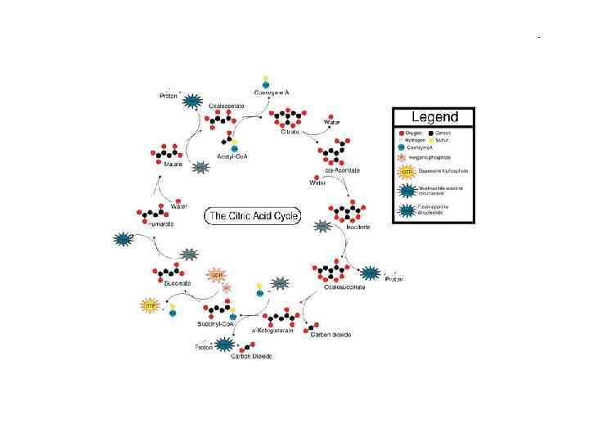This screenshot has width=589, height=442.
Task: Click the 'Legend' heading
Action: click(x=434, y=117)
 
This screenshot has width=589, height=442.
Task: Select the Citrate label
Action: click(x=290, y=132)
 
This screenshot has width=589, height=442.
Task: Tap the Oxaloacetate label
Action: click(x=223, y=106)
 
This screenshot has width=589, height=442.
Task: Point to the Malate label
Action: click(x=173, y=164)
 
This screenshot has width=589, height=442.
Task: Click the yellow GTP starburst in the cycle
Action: click(x=150, y=305)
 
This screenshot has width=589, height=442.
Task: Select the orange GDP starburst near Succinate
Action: click(x=216, y=275)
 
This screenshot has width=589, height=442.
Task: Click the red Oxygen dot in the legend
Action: click(x=402, y=133)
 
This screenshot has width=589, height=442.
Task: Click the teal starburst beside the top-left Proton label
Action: click(x=192, y=101)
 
